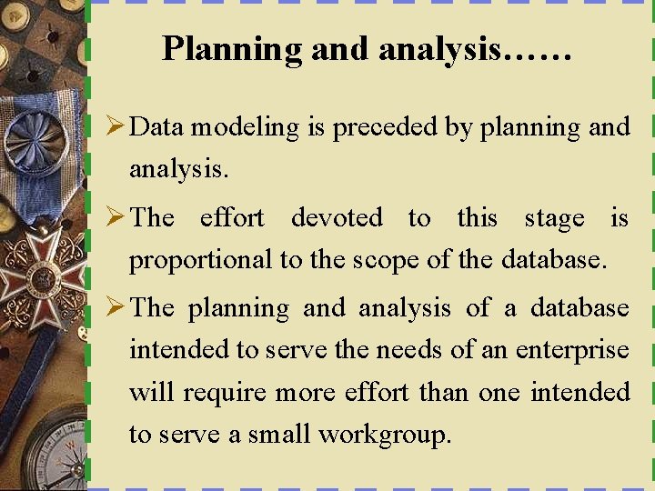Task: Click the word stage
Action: tap(554, 218)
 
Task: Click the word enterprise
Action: tap(572, 350)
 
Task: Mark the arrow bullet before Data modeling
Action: tap(116, 127)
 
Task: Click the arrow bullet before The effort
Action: tap(116, 218)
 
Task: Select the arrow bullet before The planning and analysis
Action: tap(116, 308)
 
